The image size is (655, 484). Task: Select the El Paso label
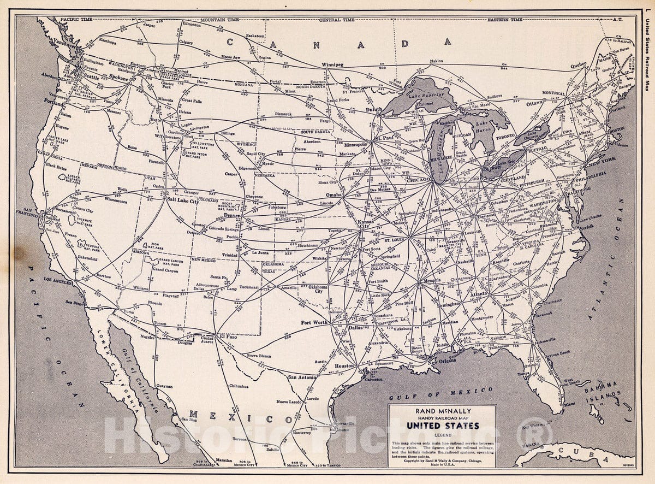[228, 337]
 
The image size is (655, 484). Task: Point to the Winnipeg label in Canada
[332, 64]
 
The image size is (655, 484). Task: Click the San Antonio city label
[303, 377]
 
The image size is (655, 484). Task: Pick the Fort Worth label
[314, 322]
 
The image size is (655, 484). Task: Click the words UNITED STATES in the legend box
[442, 425]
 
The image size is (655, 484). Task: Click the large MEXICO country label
[240, 418]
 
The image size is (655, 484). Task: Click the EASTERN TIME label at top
[505, 20]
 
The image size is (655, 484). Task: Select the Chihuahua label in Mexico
[238, 386]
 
